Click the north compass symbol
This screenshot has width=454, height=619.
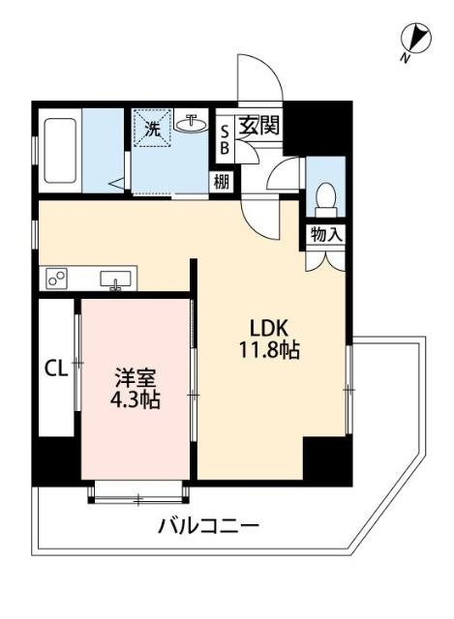[x=416, y=39]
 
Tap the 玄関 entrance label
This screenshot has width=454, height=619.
[x=258, y=126]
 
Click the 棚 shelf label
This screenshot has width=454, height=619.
[x=224, y=181]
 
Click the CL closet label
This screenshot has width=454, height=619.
[x=55, y=368]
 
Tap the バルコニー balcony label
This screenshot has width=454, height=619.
[x=208, y=527]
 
